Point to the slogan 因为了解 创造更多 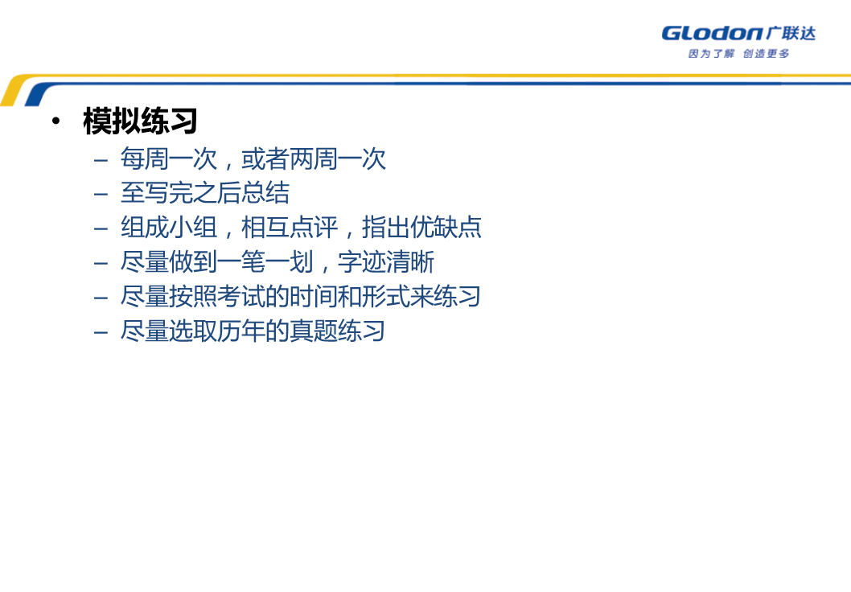[x=738, y=53]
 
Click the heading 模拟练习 [x=140, y=121]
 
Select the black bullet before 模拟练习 [x=55, y=121]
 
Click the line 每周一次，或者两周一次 [x=253, y=159]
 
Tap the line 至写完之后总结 [x=205, y=193]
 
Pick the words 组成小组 [x=169, y=228]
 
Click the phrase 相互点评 [x=290, y=228]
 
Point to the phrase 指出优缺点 [x=421, y=228]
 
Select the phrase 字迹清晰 [x=386, y=262]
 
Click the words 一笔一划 [x=265, y=262]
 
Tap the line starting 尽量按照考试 [x=301, y=297]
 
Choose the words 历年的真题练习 [x=301, y=331]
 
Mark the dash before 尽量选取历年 [x=101, y=333]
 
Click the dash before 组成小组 [x=101, y=229]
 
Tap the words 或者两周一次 [x=313, y=159]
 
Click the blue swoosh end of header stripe [x=36, y=96]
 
